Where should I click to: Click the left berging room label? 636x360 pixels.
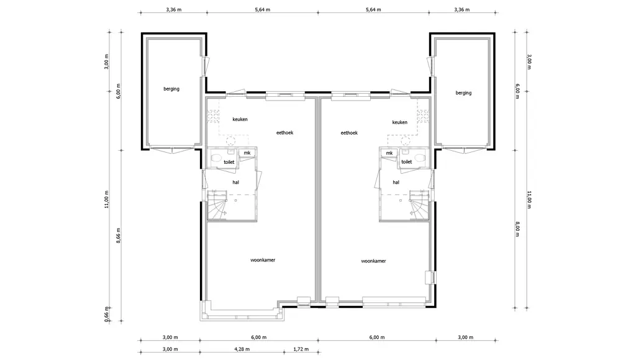(x=171, y=89)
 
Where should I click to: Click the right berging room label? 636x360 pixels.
(x=463, y=93)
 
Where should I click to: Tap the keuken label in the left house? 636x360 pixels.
(x=240, y=119)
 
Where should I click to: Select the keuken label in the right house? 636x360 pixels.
(x=399, y=122)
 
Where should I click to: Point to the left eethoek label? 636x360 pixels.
(x=284, y=133)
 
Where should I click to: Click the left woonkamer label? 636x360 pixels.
(x=263, y=260)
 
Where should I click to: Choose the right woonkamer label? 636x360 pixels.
(x=373, y=261)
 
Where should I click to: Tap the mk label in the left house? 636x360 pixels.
(x=247, y=153)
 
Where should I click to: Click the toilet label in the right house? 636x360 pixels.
(x=406, y=162)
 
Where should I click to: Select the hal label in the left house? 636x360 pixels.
(x=235, y=182)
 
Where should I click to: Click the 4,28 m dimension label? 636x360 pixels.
(x=242, y=349)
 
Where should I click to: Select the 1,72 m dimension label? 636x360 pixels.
(x=301, y=349)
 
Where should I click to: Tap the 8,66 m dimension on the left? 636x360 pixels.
(x=119, y=235)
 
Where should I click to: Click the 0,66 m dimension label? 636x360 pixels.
(x=107, y=315)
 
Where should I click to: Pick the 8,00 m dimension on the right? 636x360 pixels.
(x=517, y=229)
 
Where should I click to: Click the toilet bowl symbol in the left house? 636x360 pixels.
(x=216, y=157)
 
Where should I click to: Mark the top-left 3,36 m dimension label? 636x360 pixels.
(x=174, y=10)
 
